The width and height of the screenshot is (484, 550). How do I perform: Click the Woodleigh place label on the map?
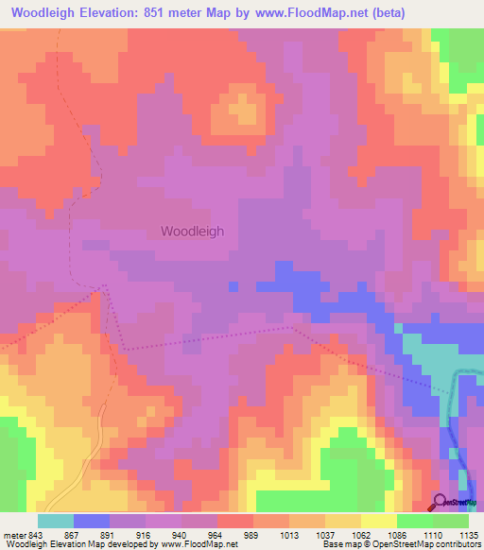click(x=193, y=231)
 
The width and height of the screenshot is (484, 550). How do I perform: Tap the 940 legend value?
click(x=191, y=534)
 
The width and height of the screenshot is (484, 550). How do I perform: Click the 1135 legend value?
click(x=469, y=534)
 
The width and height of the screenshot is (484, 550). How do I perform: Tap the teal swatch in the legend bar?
click(x=56, y=521)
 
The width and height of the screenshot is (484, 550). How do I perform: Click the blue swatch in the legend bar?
click(x=92, y=521)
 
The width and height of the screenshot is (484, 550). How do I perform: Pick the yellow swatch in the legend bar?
click(x=379, y=521)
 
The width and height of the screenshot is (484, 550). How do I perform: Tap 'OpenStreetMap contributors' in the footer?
click(x=434, y=544)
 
